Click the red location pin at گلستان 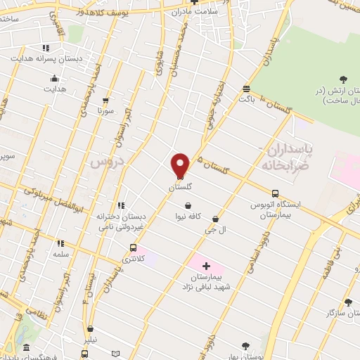[180, 165]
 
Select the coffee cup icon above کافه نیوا [188, 205]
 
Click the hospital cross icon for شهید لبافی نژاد [206, 266]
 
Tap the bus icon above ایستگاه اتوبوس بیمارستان [275, 193]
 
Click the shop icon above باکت [245, 89]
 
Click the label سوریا [105, 111]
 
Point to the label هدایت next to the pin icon [56, 90]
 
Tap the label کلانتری [132, 259]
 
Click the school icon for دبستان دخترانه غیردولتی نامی [121, 206]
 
